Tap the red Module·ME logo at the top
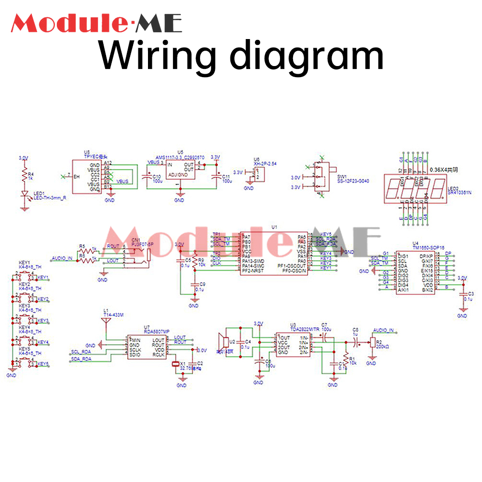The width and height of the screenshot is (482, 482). (x=96, y=23)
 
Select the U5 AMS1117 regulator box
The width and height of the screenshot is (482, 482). (x=179, y=170)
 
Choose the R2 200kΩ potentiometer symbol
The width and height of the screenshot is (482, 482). (x=372, y=342)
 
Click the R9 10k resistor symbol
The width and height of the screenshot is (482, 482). (x=194, y=262)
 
